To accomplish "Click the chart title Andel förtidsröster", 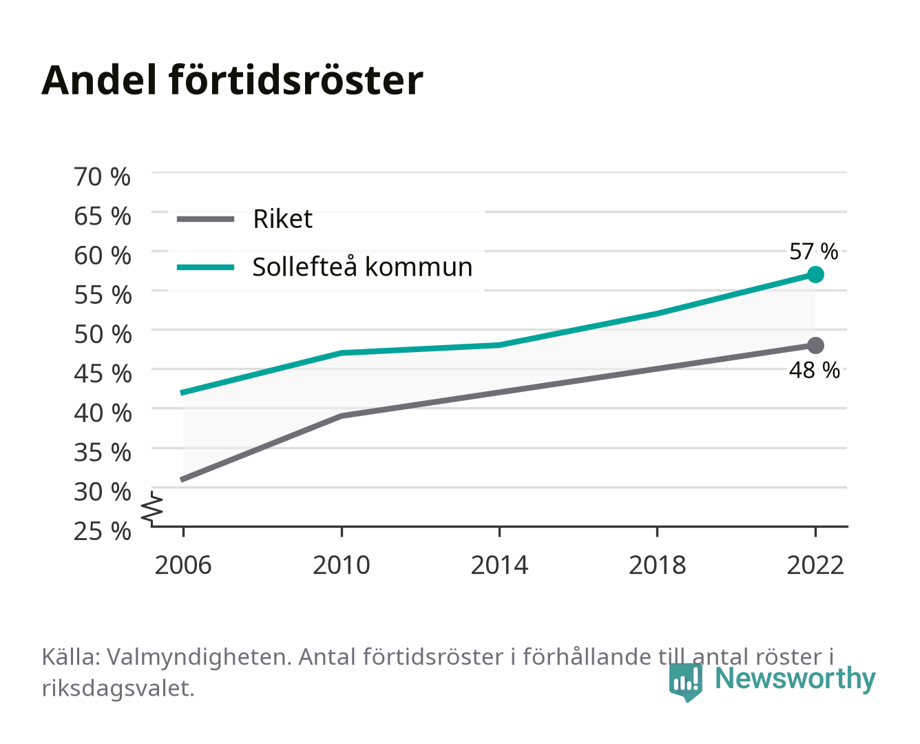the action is pos(232,80).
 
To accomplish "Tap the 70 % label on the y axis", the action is pos(102,177).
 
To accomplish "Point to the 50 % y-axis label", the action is pos(103,334).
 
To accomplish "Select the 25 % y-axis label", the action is pos(102,531).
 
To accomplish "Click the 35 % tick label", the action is pos(103,453).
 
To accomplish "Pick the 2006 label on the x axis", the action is pos(183,565).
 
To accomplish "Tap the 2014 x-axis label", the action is pos(499,565).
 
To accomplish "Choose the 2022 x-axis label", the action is pos(815,565).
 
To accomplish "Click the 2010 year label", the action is pos(342,565).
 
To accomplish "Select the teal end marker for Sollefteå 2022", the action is pos(815,274).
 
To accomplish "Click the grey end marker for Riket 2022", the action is pos(815,345).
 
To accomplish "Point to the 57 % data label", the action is pos(814,251).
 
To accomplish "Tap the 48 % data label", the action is pos(815,370).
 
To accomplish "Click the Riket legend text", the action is pos(282,218).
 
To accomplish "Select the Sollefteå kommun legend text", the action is pos(362,267).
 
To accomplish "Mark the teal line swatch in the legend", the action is pos(206,267).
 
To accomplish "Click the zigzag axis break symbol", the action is pos(152,508).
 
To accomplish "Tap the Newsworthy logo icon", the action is pos(685,681).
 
